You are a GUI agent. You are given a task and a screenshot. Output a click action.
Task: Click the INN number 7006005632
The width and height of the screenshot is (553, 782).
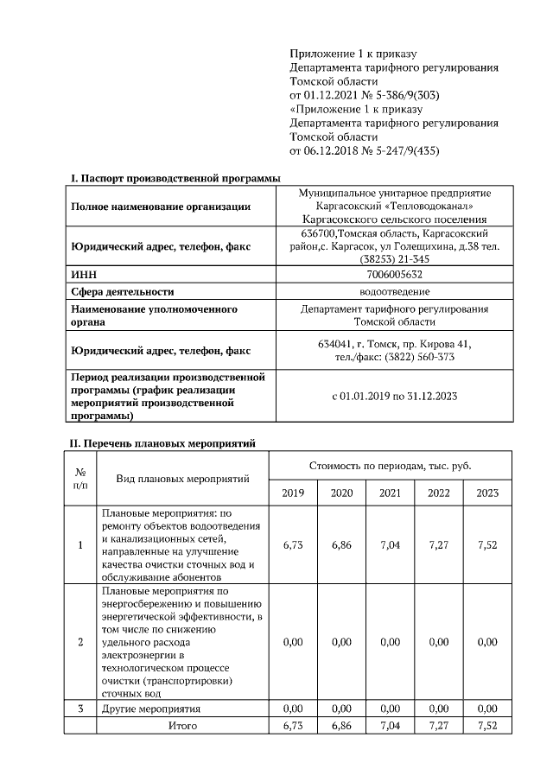394,274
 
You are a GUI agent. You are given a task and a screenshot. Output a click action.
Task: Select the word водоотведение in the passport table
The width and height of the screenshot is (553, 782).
394,291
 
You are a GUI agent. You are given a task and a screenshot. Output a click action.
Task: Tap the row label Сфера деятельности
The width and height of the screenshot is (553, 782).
122,292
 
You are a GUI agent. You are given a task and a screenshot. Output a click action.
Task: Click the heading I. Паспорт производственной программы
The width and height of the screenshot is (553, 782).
175,178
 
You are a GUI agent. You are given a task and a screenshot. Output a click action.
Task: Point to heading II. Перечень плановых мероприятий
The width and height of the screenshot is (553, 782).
162,443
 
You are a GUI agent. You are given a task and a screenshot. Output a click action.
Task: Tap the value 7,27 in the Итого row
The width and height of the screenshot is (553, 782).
439,725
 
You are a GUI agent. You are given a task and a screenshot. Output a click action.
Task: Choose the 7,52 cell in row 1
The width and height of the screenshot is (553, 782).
487,546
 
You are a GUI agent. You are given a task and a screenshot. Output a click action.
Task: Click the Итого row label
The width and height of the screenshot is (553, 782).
181,725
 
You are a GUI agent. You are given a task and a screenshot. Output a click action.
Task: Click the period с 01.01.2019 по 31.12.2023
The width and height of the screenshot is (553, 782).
394,397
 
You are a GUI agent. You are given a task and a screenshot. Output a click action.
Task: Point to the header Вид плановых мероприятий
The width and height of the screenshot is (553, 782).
181,478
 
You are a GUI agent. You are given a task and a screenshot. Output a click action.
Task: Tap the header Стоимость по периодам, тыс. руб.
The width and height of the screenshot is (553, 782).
391,465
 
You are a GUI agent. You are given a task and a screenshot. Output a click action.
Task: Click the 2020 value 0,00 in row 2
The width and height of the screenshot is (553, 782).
342,642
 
